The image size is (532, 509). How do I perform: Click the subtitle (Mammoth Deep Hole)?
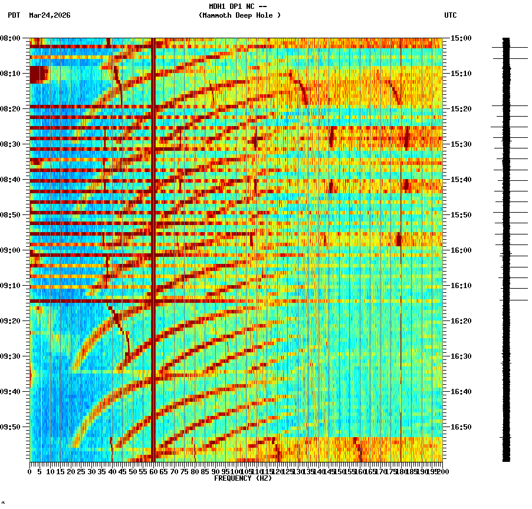tap(239, 15)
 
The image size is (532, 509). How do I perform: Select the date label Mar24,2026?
tap(50, 15)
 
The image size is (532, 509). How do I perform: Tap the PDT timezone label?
tap(14, 15)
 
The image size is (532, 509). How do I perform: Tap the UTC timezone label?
tap(450, 15)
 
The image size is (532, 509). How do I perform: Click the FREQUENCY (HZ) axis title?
tap(242, 478)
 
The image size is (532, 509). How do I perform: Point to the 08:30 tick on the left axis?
tap(11, 144)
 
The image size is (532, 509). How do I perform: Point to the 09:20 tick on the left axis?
tap(11, 321)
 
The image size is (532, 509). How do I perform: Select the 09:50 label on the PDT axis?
tap(11, 427)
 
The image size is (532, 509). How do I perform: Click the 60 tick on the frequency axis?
tap(153, 472)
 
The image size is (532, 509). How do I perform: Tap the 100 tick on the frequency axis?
tap(235, 472)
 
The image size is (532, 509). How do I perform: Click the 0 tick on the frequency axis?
tap(30, 472)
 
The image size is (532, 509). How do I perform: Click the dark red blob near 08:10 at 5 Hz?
tap(38, 74)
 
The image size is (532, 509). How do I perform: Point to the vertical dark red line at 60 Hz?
tap(153, 236)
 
